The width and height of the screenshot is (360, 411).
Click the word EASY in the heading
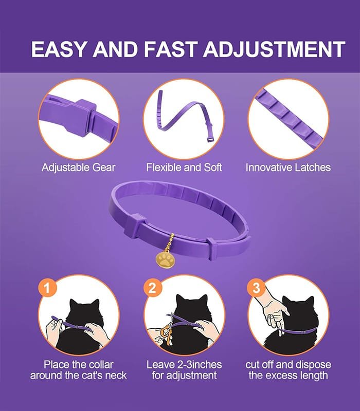(59, 49)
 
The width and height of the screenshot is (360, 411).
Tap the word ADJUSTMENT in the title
(274, 49)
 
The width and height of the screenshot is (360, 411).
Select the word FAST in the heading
(170, 49)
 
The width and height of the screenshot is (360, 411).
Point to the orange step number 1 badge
(47, 288)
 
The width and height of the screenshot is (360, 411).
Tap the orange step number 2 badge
(152, 288)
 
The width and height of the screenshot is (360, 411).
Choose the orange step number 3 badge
(256, 288)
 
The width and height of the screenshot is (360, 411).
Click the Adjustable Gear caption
(79, 167)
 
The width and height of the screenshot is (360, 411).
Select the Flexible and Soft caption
(184, 167)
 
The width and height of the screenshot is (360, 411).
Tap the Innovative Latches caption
(288, 167)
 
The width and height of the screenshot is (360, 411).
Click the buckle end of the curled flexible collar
(210, 139)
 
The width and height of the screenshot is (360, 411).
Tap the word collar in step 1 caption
(101, 365)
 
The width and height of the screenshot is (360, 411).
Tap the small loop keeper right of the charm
(212, 248)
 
